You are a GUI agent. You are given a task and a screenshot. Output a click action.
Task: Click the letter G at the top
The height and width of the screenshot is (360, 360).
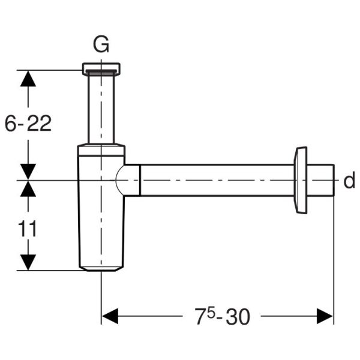101,44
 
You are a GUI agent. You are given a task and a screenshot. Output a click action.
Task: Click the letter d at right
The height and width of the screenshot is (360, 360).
349,181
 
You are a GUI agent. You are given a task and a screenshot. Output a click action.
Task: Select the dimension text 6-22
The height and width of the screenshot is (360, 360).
28,123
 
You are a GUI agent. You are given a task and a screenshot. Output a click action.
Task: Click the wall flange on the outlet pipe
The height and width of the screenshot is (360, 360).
300,180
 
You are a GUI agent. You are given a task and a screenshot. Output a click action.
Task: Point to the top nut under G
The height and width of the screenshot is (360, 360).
101,68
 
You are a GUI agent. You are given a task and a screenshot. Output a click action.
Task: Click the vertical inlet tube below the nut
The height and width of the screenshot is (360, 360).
101,108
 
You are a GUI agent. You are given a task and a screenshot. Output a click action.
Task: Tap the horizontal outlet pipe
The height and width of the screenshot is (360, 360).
216,180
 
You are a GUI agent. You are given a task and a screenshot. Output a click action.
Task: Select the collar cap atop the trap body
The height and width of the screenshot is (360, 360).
101,149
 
